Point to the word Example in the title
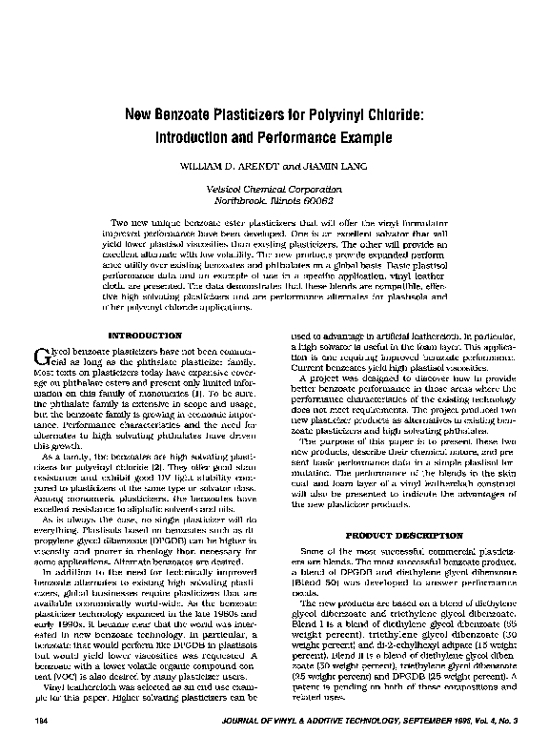coord(365,138)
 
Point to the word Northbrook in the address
coord(237,201)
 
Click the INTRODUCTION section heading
coord(146,336)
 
